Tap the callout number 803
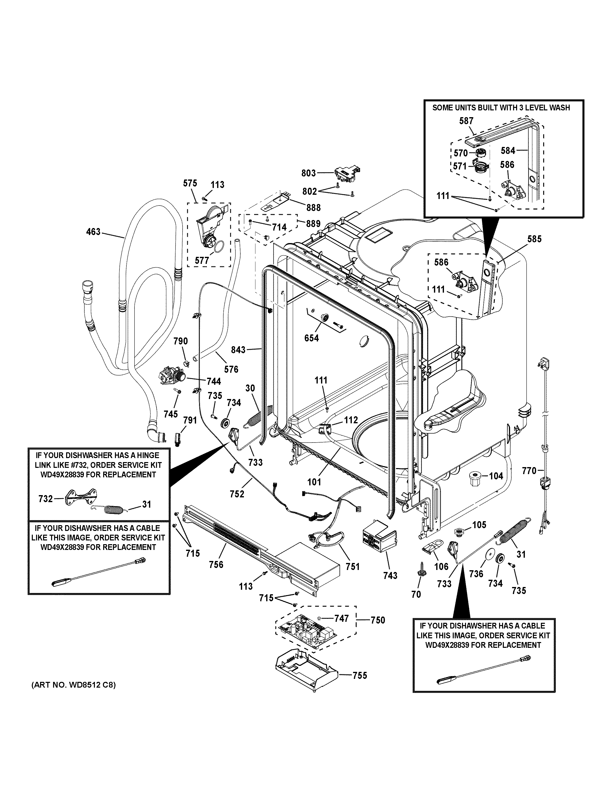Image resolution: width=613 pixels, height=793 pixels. click(x=309, y=173)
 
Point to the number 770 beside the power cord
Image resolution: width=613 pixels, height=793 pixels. click(x=529, y=471)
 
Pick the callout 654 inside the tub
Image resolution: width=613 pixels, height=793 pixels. click(x=312, y=338)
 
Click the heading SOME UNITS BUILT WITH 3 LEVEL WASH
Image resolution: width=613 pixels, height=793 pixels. click(x=501, y=108)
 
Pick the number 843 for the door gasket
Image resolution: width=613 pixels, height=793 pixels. click(x=238, y=350)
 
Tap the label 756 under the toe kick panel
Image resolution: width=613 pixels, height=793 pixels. click(x=216, y=564)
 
